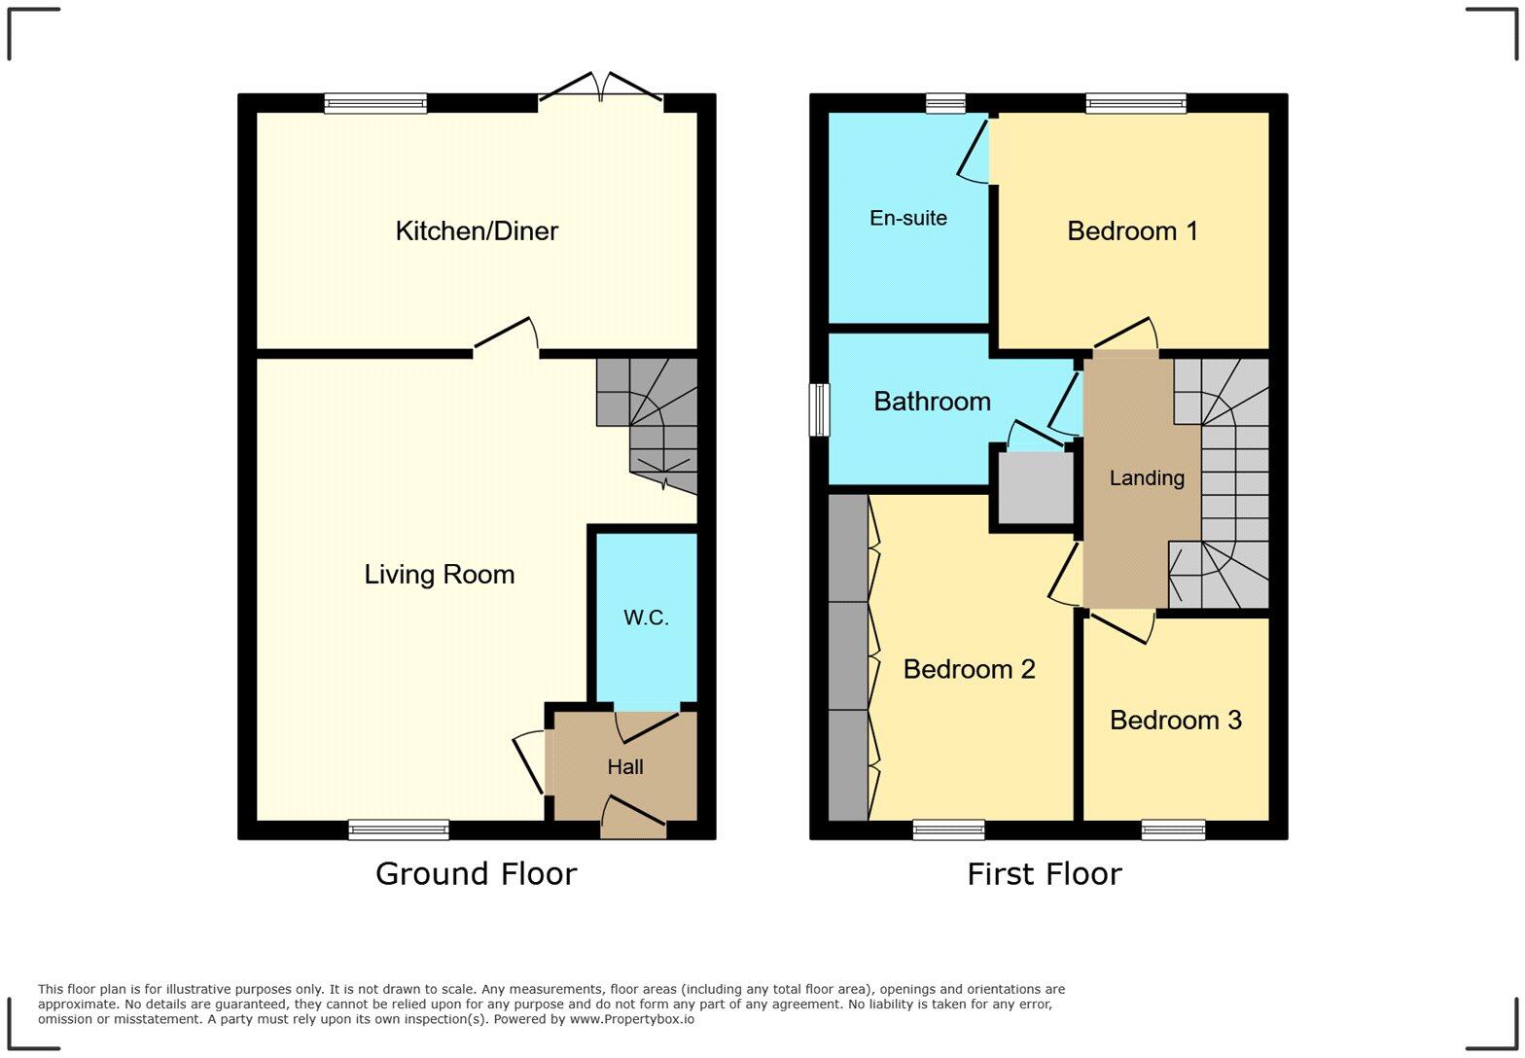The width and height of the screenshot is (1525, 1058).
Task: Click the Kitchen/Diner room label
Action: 477,231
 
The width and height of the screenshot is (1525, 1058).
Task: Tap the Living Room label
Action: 440,575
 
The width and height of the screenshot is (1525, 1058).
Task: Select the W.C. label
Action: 646,617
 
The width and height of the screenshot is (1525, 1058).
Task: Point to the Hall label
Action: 625,767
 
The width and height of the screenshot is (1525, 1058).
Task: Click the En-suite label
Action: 908,219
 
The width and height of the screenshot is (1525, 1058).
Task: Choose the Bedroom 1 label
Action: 1132,231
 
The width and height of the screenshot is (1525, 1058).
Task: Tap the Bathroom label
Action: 932,402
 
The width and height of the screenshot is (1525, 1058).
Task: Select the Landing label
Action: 1147,478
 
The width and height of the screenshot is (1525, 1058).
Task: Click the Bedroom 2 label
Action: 969,669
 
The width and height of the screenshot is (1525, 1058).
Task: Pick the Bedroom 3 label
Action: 1175,721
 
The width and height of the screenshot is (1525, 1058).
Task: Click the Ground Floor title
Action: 476,874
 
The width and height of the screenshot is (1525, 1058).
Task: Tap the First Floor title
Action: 1044,874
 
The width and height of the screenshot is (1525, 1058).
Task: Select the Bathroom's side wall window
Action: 820,409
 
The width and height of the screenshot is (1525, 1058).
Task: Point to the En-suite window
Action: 945,103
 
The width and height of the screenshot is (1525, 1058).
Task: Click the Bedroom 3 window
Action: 1173,829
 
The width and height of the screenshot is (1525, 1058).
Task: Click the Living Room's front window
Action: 399,829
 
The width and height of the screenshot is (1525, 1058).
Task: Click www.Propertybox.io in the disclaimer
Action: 631,1019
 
